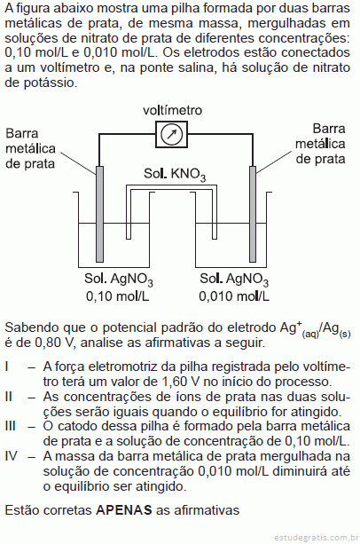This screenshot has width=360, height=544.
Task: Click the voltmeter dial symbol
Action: [171, 134]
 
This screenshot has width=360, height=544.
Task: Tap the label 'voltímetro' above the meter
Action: [172, 110]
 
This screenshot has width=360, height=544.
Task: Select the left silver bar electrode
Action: [99, 214]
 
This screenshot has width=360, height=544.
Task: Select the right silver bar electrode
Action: [253, 214]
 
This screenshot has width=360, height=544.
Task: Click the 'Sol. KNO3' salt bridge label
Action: [175, 174]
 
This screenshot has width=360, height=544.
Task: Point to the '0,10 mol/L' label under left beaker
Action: [118, 296]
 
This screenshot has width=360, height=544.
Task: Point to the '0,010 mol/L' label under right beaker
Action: [234, 296]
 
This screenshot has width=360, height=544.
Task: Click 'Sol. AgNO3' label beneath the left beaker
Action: [119, 280]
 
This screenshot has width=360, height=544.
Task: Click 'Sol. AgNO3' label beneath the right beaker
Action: [234, 280]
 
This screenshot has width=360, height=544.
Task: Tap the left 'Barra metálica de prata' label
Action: [30, 148]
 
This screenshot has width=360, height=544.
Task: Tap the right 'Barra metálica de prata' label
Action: [320, 144]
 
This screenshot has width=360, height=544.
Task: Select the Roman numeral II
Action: [9, 397]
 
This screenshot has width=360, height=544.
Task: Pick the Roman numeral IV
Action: [12, 456]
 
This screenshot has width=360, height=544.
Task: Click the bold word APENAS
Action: [124, 510]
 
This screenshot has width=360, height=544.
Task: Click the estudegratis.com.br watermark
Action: [316, 538]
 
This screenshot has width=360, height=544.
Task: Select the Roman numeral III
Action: [10, 426]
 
